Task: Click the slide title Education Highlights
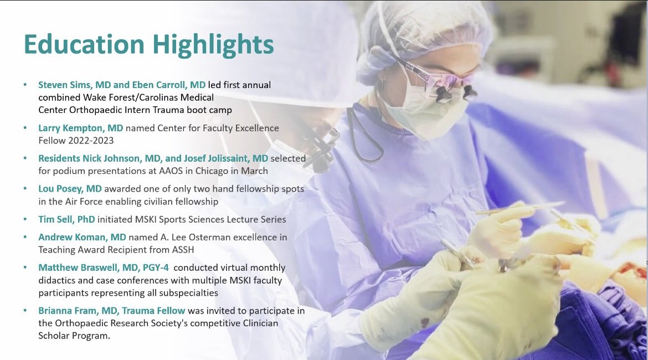[x=148, y=45]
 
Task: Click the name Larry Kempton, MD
[x=80, y=128]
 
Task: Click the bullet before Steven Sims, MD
[x=25, y=85]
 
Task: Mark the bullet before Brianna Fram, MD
[x=25, y=311]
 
